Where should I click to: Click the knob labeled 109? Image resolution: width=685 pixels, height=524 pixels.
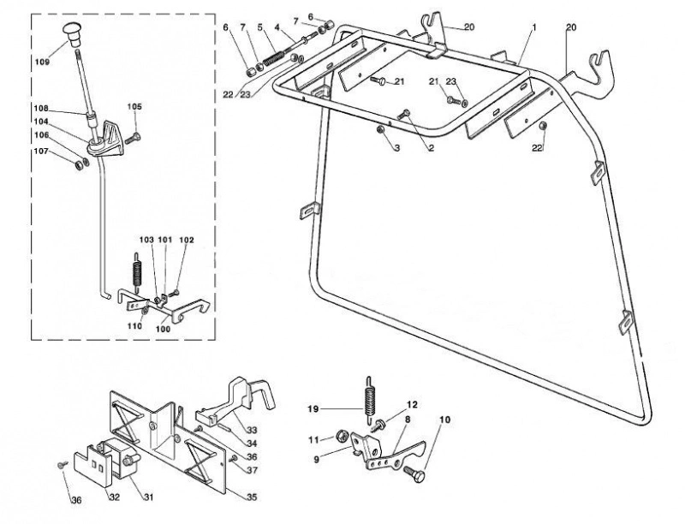(71, 34)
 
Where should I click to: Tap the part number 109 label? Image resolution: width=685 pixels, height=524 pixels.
(42, 62)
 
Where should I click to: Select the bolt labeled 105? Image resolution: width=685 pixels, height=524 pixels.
(132, 140)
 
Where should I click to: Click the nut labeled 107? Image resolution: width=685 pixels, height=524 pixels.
(79, 165)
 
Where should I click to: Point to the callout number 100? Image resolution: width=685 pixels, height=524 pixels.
(163, 329)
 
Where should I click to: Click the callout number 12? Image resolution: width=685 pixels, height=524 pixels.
(412, 404)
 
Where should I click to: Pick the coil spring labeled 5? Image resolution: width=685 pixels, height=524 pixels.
(274, 57)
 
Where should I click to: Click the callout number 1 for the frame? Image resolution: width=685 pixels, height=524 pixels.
(533, 27)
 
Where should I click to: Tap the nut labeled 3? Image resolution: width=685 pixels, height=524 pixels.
(380, 129)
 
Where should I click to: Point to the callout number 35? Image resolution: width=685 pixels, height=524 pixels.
(252, 497)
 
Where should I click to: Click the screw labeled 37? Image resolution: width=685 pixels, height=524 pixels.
(233, 458)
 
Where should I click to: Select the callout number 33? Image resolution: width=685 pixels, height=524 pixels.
(252, 430)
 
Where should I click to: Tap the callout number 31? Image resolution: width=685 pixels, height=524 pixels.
(148, 497)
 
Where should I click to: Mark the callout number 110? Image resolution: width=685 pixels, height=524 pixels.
(135, 325)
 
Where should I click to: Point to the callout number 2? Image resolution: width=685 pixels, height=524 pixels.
(432, 148)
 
